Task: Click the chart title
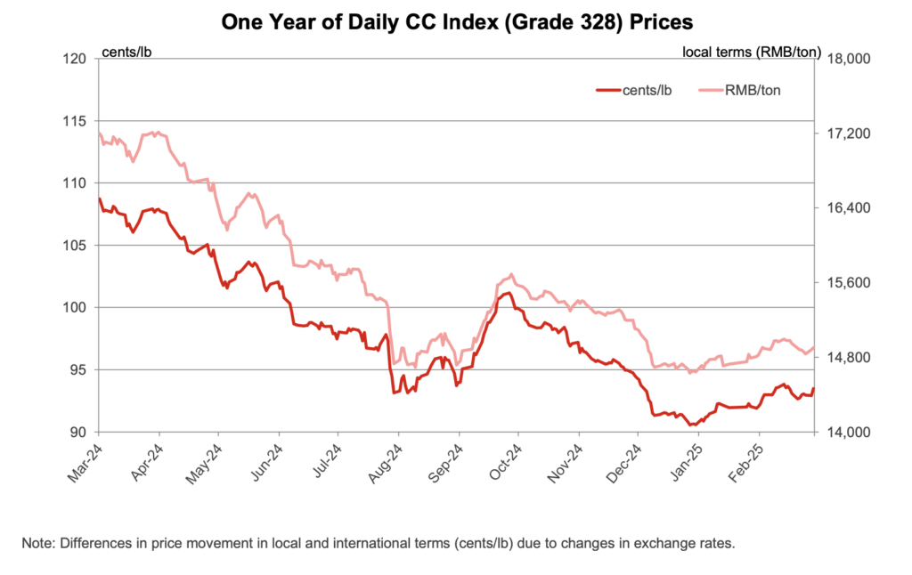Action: [457, 22]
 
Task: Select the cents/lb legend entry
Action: [634, 90]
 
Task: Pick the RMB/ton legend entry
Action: [739, 90]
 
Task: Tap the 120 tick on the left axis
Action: [75, 59]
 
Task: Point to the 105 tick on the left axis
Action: [75, 246]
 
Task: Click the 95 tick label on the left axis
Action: [78, 369]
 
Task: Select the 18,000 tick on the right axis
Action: [849, 59]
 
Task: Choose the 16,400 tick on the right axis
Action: [849, 208]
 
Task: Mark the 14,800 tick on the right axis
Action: [849, 358]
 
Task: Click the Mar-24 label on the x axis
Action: [85, 464]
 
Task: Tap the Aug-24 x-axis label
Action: [385, 464]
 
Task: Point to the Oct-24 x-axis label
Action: [505, 464]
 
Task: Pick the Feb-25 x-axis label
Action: [746, 464]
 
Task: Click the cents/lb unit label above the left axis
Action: [126, 53]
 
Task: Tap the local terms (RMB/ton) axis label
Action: [752, 53]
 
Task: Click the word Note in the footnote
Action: [38, 543]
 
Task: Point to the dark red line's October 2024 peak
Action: [509, 293]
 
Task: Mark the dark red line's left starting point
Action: [100, 198]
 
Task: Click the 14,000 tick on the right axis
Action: [849, 433]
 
